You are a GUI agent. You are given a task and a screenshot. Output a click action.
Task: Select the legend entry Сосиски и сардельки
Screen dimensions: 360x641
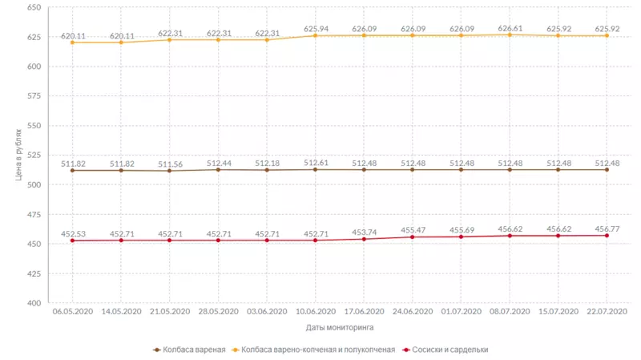tap(446, 350)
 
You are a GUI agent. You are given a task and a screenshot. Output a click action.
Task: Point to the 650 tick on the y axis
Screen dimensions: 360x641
tap(34, 7)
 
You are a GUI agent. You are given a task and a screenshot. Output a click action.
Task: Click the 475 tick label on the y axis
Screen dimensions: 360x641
tap(34, 214)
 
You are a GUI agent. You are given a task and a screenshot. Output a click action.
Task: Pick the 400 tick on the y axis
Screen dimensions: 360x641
tap(34, 303)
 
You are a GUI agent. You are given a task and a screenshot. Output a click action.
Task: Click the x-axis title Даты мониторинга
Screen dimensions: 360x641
tap(339, 327)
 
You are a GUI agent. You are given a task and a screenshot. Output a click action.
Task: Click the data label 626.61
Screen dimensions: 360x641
tap(510, 28)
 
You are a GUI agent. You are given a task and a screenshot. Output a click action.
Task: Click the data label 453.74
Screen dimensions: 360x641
tap(364, 232)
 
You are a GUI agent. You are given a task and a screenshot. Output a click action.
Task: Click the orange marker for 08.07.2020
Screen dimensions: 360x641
tap(510, 34)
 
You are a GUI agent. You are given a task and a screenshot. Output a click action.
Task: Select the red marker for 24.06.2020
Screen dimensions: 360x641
tap(413, 237)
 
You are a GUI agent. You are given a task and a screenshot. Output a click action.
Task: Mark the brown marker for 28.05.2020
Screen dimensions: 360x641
tap(218, 170)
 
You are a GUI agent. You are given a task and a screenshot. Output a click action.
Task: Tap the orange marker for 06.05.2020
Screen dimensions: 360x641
tap(72, 42)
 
